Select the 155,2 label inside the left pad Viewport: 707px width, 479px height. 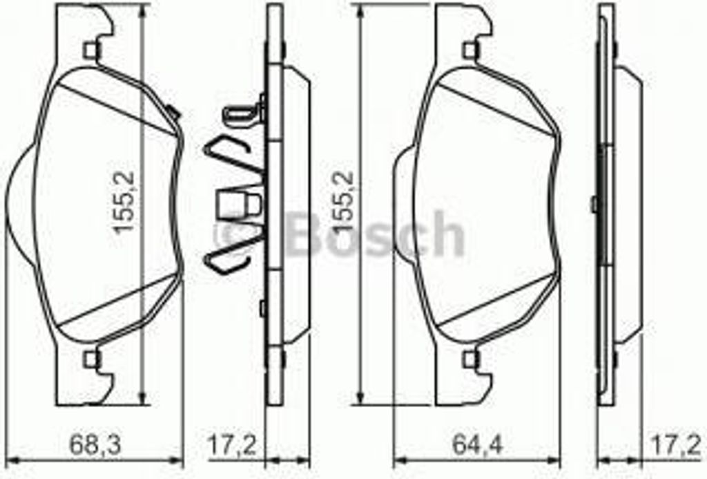coord(126,204)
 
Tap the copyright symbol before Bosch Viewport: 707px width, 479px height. coord(233,235)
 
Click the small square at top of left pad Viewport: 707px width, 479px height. coord(90,50)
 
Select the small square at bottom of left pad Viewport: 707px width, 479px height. coord(90,358)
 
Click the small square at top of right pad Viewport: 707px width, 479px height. coord(471,50)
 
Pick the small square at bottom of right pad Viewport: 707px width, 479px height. coord(471,358)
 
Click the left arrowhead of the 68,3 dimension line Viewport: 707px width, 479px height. coord(10,460)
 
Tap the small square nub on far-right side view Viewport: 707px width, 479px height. coord(594,203)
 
